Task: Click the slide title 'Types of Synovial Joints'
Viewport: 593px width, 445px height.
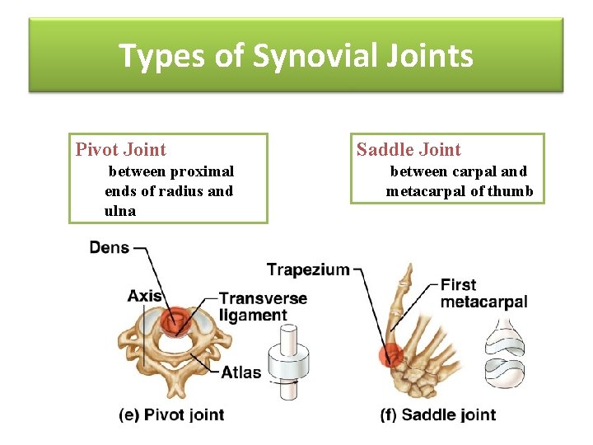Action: (x=296, y=56)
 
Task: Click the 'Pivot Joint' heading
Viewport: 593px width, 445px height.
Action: (x=120, y=149)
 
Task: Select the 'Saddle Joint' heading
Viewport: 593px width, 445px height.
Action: (x=409, y=149)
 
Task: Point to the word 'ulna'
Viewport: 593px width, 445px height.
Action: (x=120, y=211)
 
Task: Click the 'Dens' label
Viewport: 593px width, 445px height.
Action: (x=109, y=247)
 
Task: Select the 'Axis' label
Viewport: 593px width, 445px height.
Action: (x=144, y=295)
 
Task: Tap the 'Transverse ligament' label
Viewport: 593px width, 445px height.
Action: (x=263, y=307)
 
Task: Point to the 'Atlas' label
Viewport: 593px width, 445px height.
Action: (x=241, y=372)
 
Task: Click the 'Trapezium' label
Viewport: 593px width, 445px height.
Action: (x=308, y=269)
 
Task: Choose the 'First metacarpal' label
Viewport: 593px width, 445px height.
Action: (x=483, y=293)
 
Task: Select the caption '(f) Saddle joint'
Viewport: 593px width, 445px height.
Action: (x=438, y=415)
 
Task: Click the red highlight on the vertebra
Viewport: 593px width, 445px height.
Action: (x=175, y=322)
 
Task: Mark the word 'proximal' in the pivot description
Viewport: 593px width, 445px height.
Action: (x=202, y=171)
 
